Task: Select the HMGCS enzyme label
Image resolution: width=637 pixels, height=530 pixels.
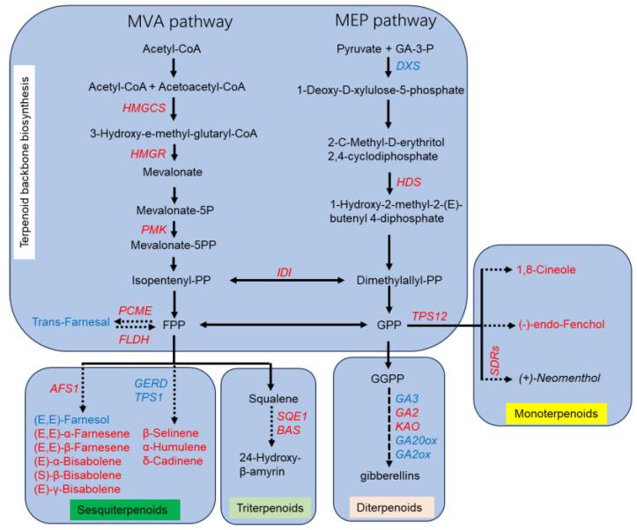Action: click(147, 107)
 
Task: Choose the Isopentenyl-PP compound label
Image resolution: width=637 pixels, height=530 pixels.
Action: click(172, 280)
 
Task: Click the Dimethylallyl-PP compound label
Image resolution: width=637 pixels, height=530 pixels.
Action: click(389, 280)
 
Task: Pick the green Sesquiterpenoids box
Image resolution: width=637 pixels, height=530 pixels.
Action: click(127, 508)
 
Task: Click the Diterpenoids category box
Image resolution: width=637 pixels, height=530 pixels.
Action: click(387, 508)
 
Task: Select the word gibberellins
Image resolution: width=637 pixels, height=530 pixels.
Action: click(389, 476)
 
